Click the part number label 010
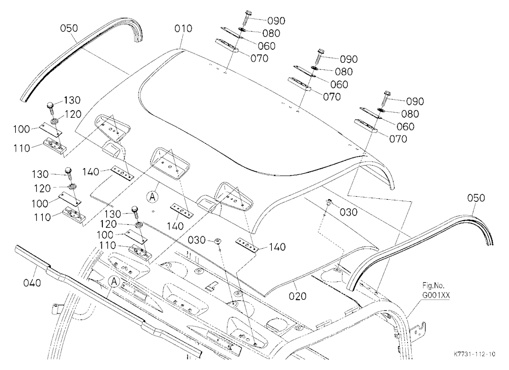[183, 29]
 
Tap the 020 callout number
[297, 296]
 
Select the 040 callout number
[32, 283]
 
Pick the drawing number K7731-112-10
[474, 354]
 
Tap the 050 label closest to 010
[69, 29]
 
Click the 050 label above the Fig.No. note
[476, 198]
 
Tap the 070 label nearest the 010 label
[260, 59]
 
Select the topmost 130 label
[72, 100]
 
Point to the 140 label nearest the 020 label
[277, 247]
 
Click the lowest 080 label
[410, 114]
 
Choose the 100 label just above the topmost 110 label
[21, 129]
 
